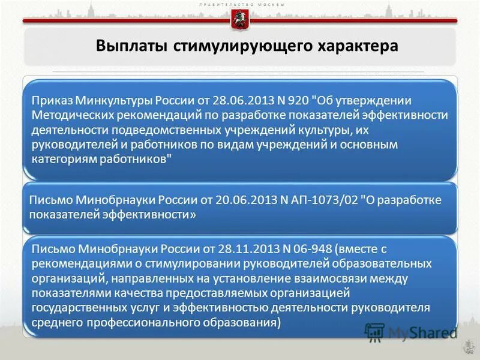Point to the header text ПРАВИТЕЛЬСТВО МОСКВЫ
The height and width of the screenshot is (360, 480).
click(x=239, y=4)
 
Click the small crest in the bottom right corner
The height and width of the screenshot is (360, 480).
click(x=467, y=347)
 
